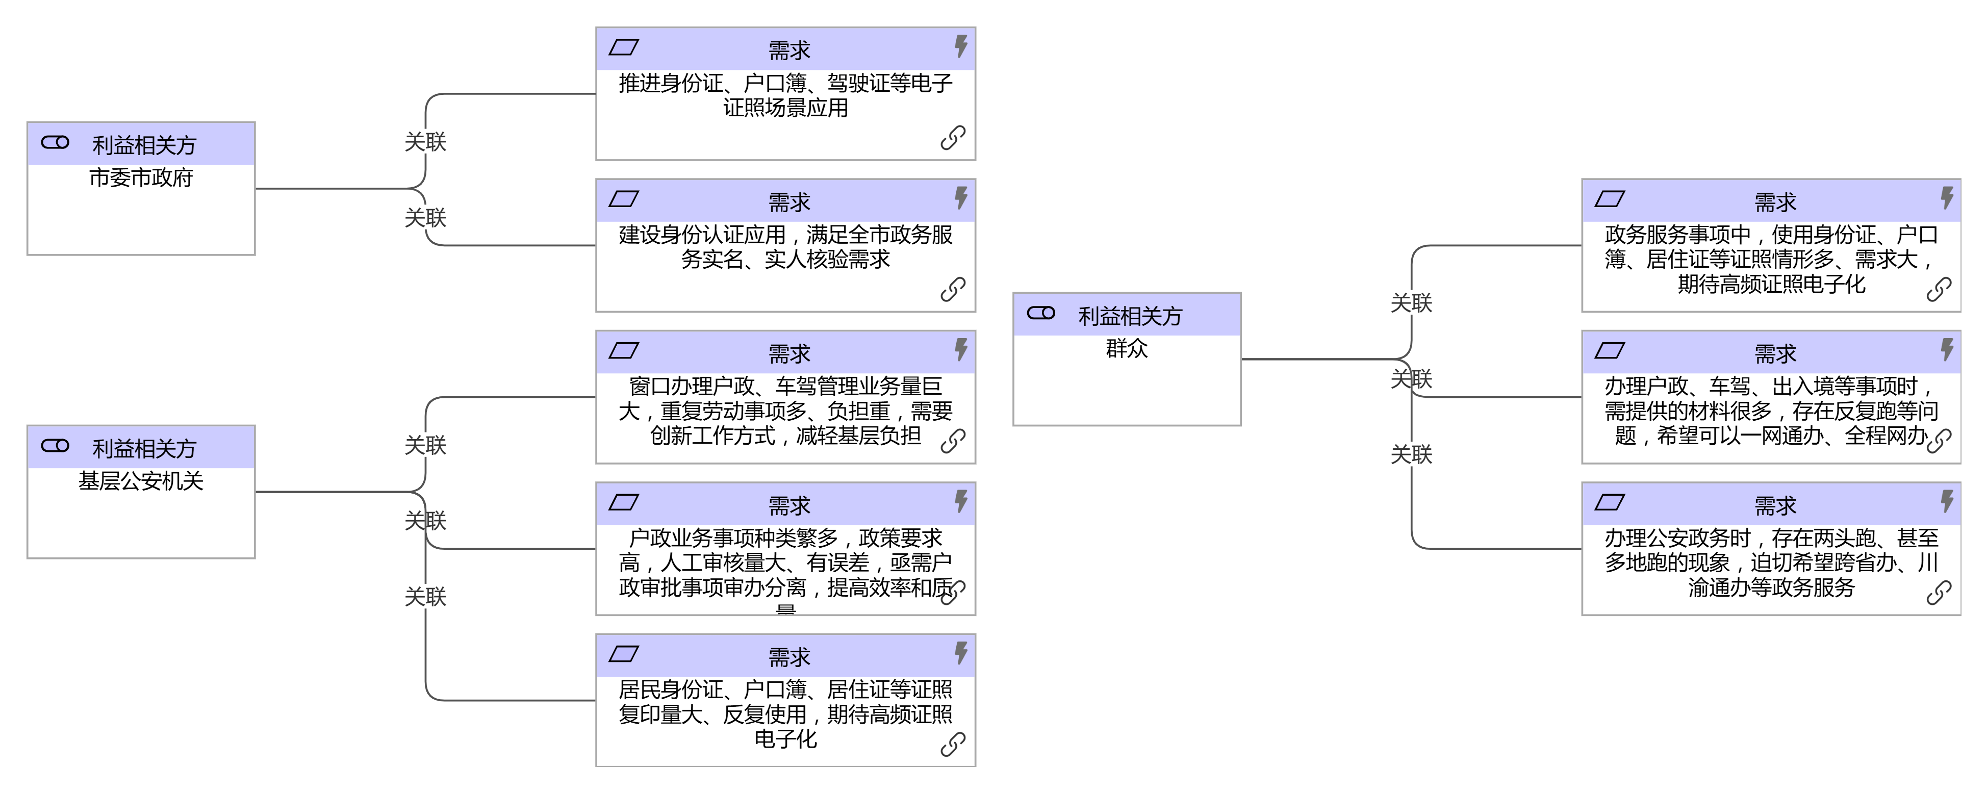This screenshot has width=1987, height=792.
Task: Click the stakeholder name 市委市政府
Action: [x=141, y=178]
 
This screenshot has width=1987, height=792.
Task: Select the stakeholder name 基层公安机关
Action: [x=141, y=481]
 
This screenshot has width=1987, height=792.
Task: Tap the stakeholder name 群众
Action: [x=1127, y=349]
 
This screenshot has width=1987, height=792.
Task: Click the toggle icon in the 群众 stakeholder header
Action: [x=1040, y=313]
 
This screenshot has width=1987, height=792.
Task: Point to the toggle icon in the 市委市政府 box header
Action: [x=55, y=143]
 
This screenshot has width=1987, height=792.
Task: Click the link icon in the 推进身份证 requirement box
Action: [x=953, y=138]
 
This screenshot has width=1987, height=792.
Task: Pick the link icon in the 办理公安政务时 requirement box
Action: [x=1939, y=593]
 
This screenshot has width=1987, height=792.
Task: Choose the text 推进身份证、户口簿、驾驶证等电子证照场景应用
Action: [x=785, y=96]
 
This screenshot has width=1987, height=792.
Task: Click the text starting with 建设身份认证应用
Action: [x=785, y=247]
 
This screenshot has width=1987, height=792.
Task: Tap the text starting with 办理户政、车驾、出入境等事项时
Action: [x=1771, y=411]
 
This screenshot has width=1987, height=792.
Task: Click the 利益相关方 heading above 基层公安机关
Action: [x=144, y=449]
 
